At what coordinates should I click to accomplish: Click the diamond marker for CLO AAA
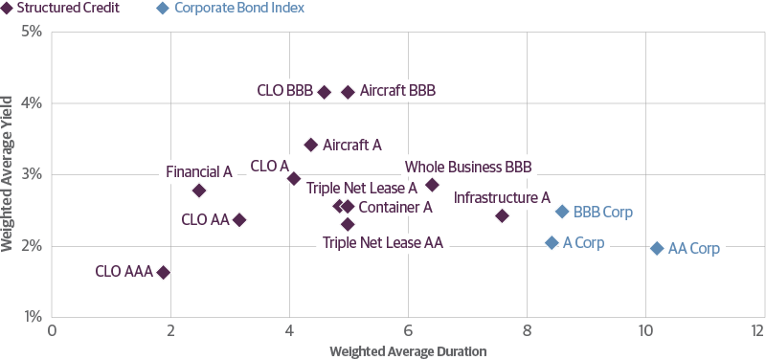tap(163, 272)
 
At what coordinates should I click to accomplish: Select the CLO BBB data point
tap(324, 92)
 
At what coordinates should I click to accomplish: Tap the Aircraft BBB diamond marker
tap(348, 92)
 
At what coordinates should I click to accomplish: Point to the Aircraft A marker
tap(310, 145)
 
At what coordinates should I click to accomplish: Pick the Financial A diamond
tap(199, 191)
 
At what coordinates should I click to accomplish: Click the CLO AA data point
tap(239, 219)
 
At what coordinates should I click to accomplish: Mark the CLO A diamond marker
tap(294, 179)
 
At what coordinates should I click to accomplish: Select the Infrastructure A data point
tap(502, 215)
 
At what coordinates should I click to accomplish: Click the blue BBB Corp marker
tap(562, 212)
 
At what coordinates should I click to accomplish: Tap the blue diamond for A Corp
tap(552, 243)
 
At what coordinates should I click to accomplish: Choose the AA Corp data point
tap(657, 248)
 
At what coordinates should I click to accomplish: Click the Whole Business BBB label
tap(467, 167)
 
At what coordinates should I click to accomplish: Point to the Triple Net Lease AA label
tap(382, 243)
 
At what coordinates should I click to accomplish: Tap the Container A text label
tap(395, 207)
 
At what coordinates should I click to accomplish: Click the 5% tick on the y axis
tap(29, 31)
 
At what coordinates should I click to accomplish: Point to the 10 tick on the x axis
tap(645, 330)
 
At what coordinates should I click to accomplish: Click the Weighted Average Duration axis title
tap(408, 351)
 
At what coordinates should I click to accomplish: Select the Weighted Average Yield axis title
tap(9, 173)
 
